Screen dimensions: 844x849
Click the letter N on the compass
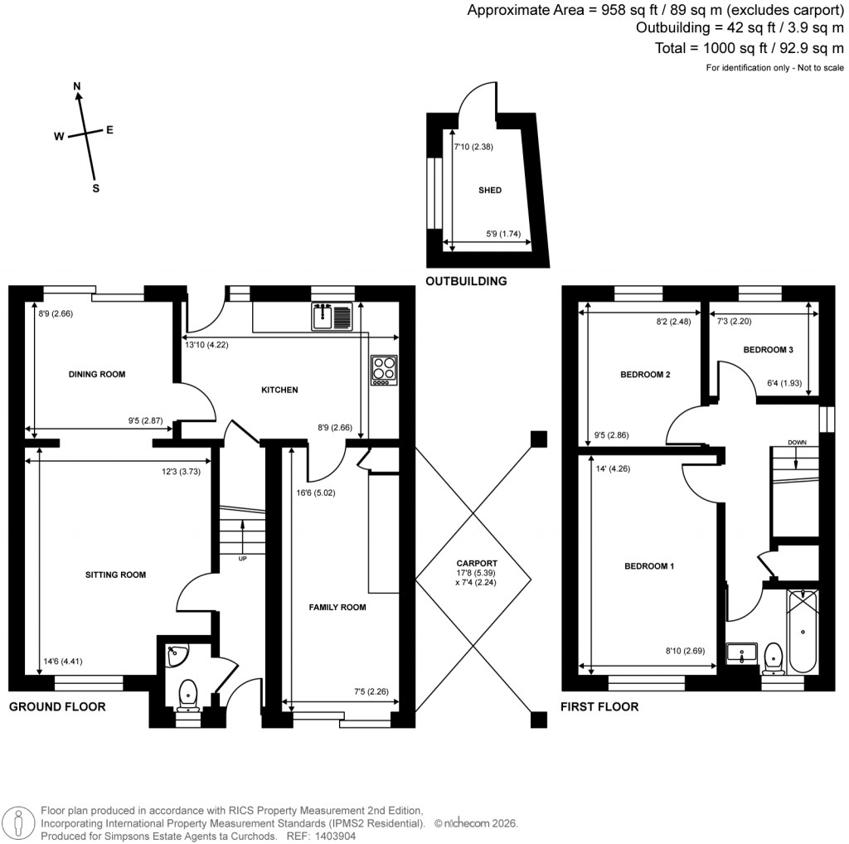pos(77,86)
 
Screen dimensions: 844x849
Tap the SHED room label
pos(489,190)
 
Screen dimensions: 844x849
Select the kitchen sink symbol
pos(332,316)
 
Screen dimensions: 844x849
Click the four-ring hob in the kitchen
pos(384,370)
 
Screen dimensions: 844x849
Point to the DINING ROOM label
pos(97,375)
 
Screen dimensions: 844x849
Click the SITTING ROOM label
pos(115,575)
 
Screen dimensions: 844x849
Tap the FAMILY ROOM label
pos(337,608)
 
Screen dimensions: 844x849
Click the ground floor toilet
pos(188,693)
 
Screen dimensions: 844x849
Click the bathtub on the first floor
pos(803,632)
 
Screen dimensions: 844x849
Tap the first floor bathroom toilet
pos(774,655)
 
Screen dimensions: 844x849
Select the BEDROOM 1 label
pos(649,566)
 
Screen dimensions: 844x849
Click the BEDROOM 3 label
pos(768,350)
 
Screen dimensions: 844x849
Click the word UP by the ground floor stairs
pos(242,558)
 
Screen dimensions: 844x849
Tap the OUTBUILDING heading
pos(466,282)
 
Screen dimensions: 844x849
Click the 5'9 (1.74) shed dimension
pos(503,234)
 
